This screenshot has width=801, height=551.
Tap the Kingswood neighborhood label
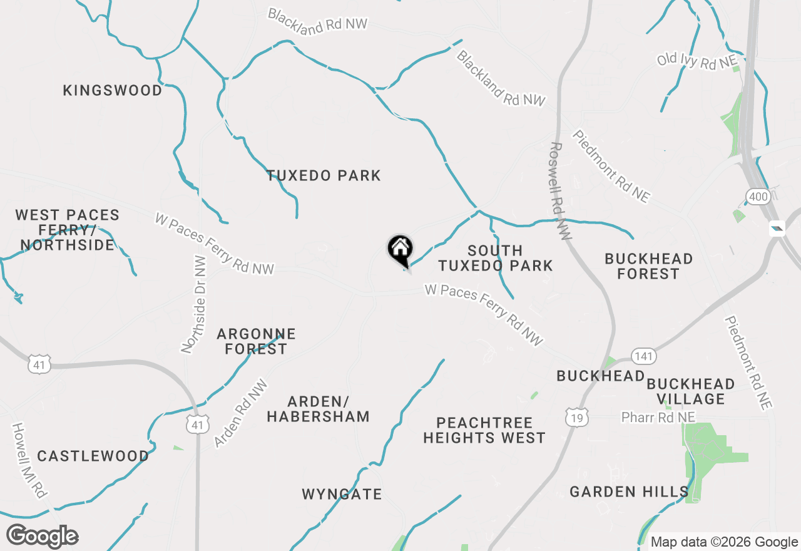[x=113, y=91]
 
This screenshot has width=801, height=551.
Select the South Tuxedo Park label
[x=495, y=258]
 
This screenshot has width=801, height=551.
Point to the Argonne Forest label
[x=256, y=341]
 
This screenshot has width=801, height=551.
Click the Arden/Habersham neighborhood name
[x=318, y=409]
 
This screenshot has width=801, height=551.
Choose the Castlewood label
[x=93, y=456]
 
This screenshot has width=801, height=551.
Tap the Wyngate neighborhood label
[x=342, y=495]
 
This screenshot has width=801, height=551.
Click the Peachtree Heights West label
[x=484, y=431]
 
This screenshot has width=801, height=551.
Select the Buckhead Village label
[x=691, y=391]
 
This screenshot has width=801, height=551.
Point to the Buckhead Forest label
[x=648, y=266]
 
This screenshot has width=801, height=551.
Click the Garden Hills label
[x=629, y=492]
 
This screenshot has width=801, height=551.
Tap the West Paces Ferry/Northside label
[x=67, y=230]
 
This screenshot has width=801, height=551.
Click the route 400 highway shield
[x=757, y=198]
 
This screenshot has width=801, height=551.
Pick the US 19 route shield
[x=576, y=418]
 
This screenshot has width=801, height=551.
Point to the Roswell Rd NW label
[x=560, y=191]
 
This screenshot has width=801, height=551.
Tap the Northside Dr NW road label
[x=193, y=304]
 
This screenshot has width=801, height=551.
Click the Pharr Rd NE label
[x=658, y=417]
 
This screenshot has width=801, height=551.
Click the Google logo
[x=43, y=537]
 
